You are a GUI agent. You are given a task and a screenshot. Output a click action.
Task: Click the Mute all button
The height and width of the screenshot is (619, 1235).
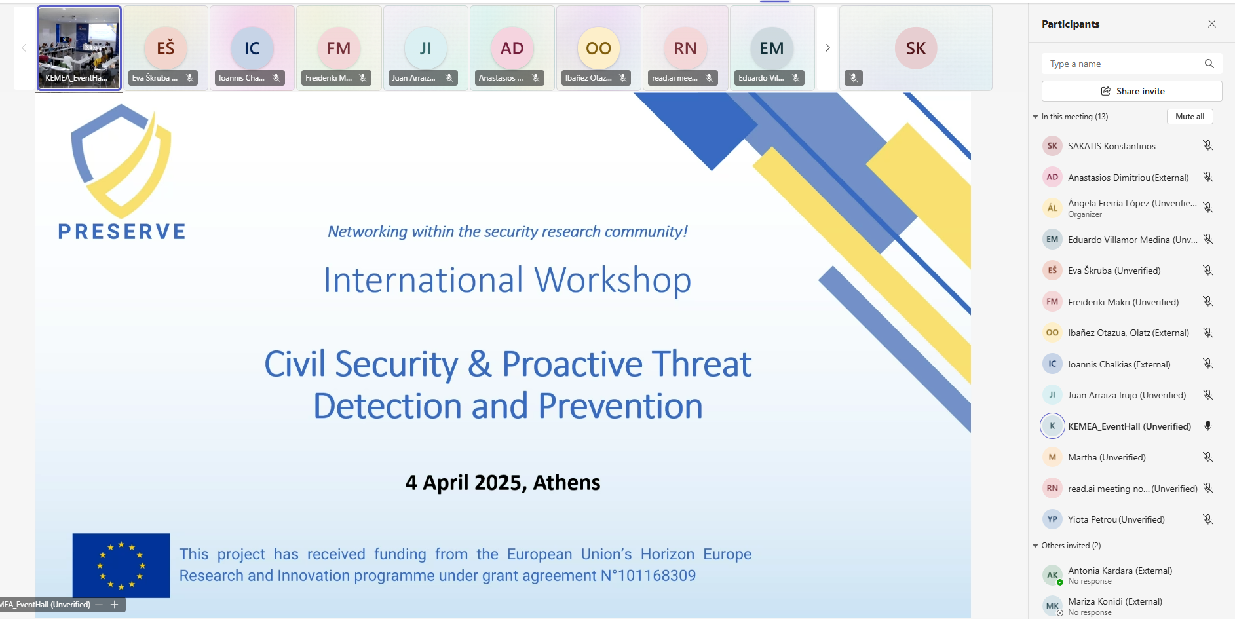point(1190,117)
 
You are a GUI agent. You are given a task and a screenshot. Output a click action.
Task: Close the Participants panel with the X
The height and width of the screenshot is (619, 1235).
point(1211,24)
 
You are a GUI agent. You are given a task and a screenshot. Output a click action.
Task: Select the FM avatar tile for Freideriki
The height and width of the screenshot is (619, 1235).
point(339,48)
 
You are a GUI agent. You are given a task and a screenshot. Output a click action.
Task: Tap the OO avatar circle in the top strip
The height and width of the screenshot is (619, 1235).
point(598,48)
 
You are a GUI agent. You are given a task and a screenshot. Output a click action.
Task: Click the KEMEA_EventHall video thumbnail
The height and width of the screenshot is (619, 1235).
point(79,48)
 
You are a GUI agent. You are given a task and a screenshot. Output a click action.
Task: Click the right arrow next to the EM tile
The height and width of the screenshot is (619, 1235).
point(827,48)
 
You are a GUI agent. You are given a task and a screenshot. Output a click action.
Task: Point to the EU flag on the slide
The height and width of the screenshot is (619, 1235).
point(121,565)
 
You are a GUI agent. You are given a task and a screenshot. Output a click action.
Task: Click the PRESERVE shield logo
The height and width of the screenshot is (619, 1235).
point(121,161)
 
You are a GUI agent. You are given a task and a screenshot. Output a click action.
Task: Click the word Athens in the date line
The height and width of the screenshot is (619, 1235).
point(567,483)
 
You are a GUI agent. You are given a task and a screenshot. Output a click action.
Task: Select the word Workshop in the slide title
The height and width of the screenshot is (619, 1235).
point(613,280)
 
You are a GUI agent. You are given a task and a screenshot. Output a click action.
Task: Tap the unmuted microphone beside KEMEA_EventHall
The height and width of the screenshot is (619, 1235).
point(1208,426)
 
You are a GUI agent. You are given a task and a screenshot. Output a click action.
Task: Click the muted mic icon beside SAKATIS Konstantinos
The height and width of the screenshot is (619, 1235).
point(1208,145)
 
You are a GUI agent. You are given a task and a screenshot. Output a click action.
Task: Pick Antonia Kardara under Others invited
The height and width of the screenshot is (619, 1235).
point(1120,571)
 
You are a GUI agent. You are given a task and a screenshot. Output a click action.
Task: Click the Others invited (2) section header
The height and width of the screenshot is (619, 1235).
point(1071,546)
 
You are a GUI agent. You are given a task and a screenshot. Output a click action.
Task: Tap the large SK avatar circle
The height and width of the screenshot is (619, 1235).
point(916,48)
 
